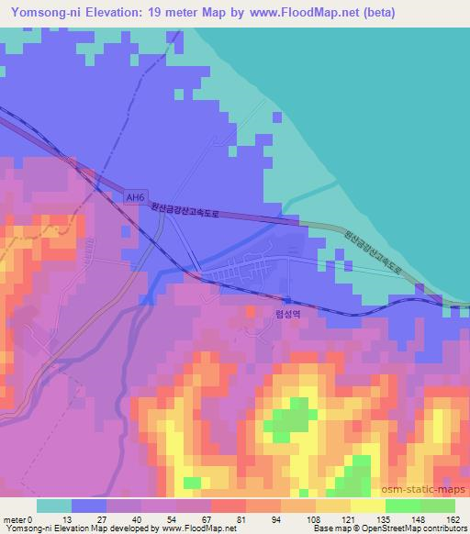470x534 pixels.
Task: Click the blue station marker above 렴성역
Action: point(287,300)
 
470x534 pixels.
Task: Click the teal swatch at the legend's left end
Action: point(55,506)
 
